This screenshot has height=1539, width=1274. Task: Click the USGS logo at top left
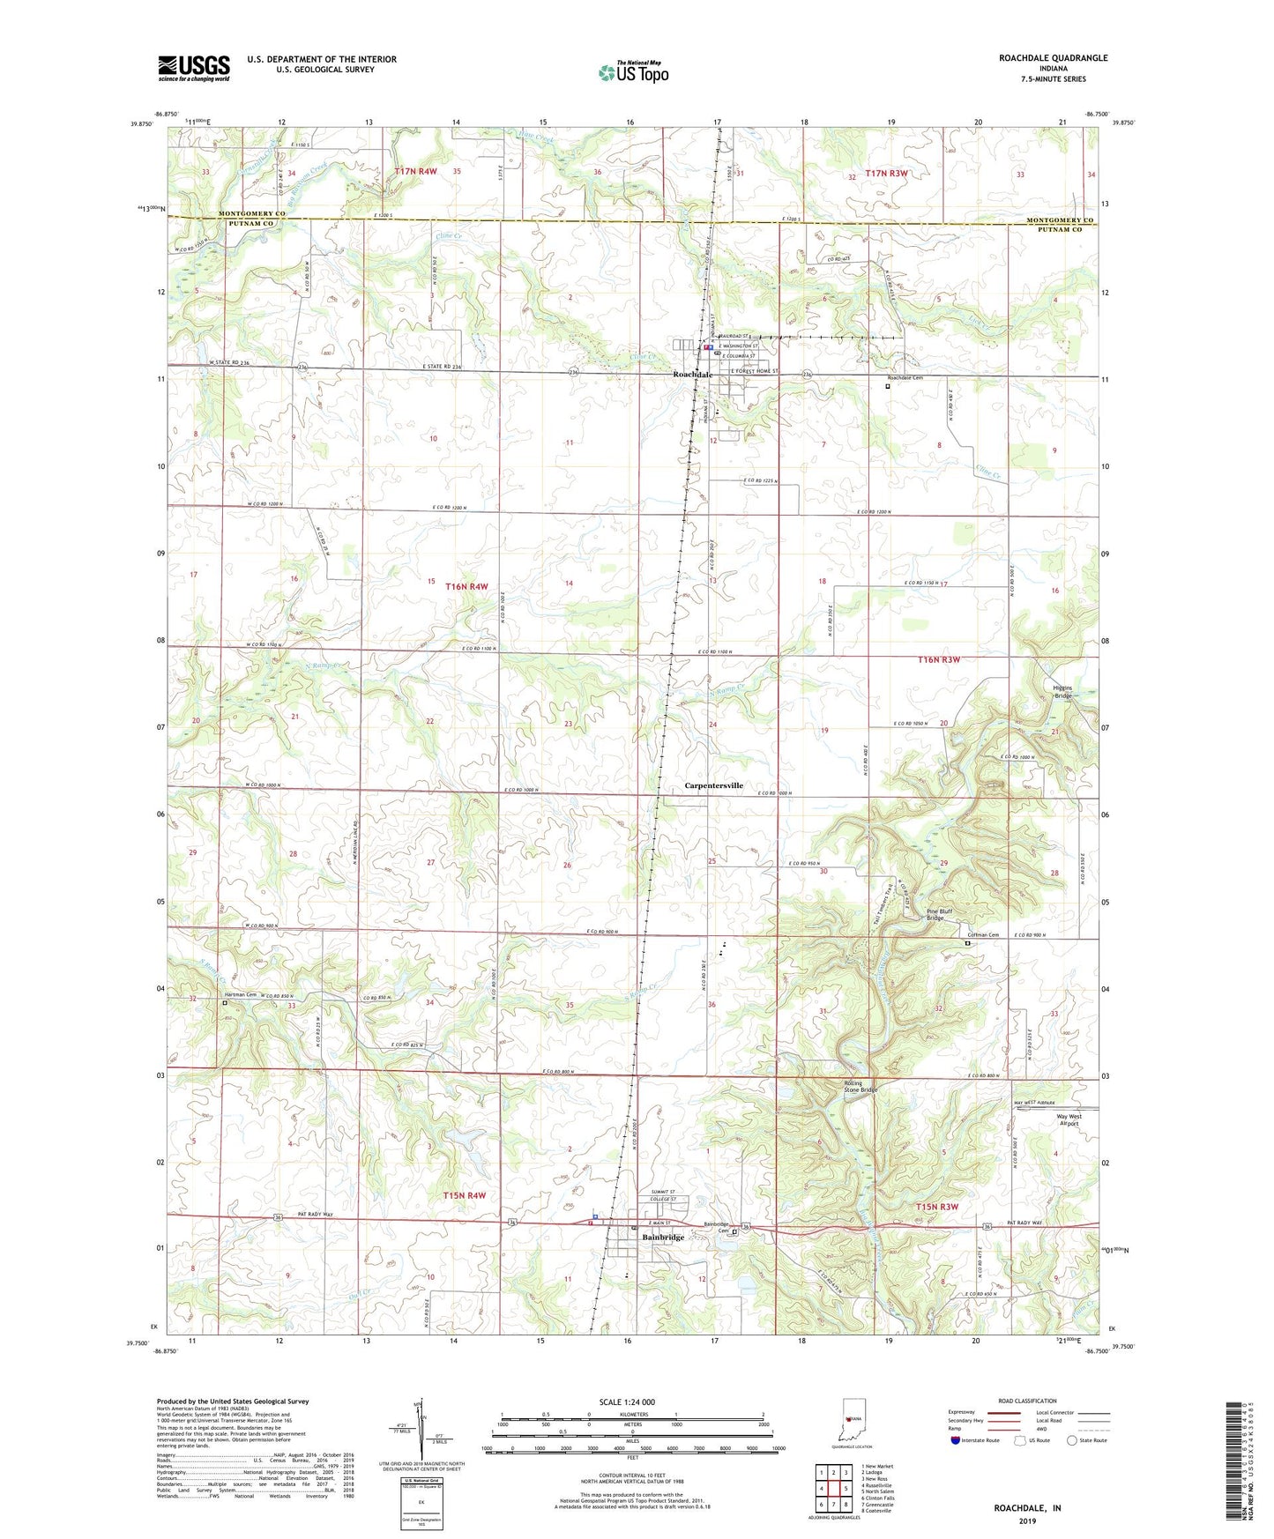[194, 67]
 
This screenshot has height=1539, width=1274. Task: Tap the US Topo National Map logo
[633, 71]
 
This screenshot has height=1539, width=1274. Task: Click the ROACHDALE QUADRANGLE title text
[1053, 58]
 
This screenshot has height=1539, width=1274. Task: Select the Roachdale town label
[692, 375]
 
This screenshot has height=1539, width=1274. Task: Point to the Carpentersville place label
[714, 785]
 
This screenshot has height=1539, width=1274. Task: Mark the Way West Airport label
[1074, 1120]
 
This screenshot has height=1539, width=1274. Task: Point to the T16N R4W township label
[466, 586]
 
